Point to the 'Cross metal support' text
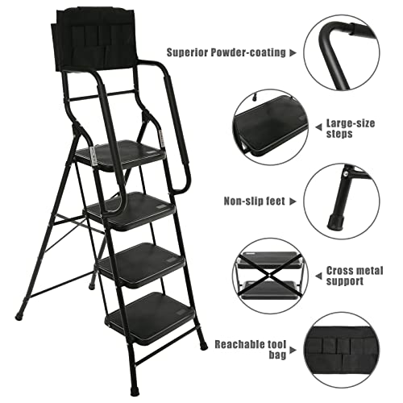click(x=355, y=278)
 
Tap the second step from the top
click(x=133, y=208)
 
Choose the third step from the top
click(x=141, y=261)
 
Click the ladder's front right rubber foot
click(x=202, y=345)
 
